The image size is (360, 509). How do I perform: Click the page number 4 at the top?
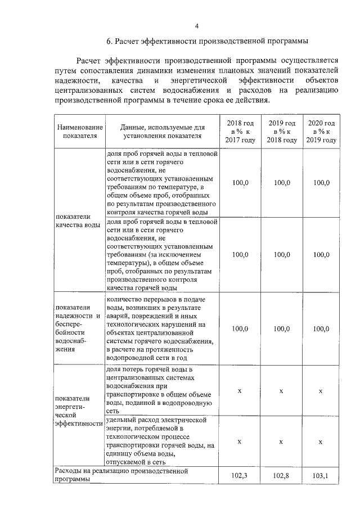tap(196, 26)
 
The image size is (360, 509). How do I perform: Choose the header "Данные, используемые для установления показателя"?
tap(161, 131)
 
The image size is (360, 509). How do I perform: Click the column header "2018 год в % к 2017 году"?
tap(240, 131)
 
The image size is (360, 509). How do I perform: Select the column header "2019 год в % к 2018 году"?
tap(281, 131)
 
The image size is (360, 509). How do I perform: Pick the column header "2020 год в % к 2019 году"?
tap(321, 131)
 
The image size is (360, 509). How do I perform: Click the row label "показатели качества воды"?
tap(78, 220)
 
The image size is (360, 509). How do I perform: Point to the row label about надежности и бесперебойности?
tap(78, 327)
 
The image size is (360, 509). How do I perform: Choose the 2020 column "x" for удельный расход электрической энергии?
tap(321, 442)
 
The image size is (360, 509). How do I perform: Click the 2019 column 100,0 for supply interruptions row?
tap(281, 328)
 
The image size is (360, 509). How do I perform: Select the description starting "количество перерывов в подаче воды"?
tap(161, 328)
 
